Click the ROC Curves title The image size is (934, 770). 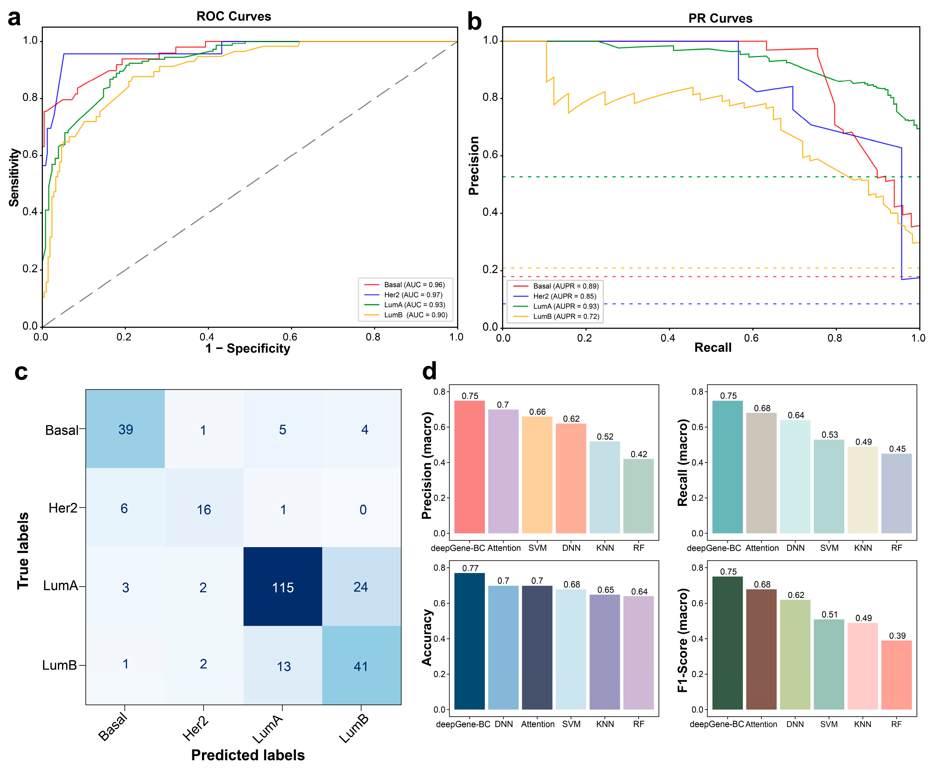tap(234, 16)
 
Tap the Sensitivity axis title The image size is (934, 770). tap(14, 177)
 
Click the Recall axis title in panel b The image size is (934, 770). tap(713, 347)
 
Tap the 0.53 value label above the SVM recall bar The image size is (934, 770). tap(829, 435)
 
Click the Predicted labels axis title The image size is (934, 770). tap(248, 755)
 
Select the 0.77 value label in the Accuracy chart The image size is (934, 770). tap(470, 568)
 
